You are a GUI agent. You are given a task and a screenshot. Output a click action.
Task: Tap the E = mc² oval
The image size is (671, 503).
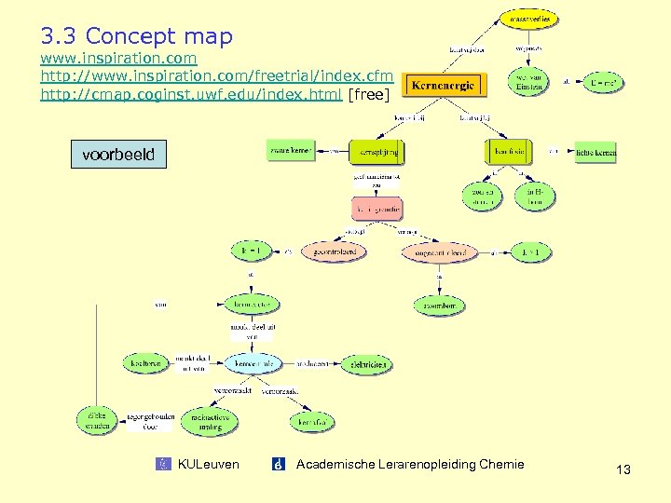605,82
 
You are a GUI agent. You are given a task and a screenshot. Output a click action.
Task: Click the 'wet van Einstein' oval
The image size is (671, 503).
528,82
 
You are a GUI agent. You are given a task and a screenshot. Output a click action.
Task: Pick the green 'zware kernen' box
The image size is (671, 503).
291,150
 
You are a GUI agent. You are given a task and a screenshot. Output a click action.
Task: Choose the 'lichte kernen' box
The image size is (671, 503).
596,151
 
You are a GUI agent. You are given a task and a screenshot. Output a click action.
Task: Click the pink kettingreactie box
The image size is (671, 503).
377,209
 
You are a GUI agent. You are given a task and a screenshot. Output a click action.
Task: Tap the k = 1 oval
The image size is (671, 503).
252,251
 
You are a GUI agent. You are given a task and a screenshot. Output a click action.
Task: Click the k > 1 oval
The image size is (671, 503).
530,251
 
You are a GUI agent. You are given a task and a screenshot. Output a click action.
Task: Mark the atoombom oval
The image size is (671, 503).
438,305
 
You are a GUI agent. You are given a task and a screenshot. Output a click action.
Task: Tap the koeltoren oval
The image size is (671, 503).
146,363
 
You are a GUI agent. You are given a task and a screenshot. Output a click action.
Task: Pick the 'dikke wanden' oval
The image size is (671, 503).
98,420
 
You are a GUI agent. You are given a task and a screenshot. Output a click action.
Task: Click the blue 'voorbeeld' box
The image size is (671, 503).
118,154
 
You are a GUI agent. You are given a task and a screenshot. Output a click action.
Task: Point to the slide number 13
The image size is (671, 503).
623,470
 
